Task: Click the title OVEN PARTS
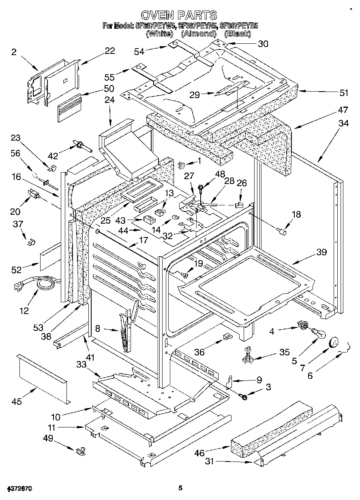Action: tap(180, 15)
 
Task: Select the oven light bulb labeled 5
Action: tap(319, 333)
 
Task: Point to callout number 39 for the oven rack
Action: tap(321, 252)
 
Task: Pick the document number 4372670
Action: tap(19, 488)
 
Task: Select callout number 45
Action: tap(17, 402)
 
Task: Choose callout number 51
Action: tap(344, 93)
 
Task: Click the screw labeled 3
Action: tap(244, 397)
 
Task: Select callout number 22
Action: tap(109, 51)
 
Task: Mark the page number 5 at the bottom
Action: tap(180, 488)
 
